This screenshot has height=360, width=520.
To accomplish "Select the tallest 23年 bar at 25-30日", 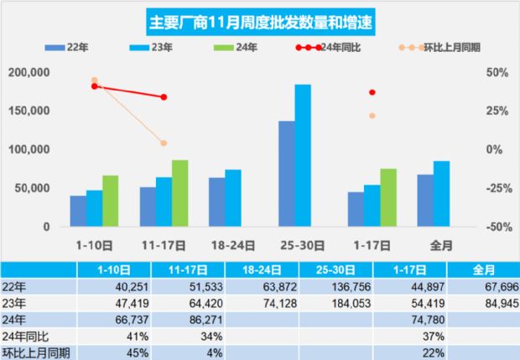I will click(x=303, y=155).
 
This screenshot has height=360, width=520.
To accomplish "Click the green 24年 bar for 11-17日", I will click(x=179, y=193).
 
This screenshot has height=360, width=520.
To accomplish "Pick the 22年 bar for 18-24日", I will click(x=217, y=201).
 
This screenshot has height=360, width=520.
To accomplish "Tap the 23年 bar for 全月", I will click(x=441, y=194).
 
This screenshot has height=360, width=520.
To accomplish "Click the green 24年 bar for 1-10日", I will click(x=111, y=201).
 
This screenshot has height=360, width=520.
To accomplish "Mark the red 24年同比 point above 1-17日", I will click(x=372, y=92).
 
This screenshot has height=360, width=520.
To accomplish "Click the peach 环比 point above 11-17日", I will click(x=164, y=143).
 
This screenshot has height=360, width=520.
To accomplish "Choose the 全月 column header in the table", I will click(x=483, y=269).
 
